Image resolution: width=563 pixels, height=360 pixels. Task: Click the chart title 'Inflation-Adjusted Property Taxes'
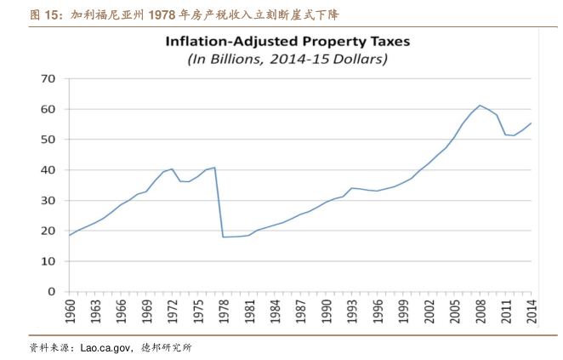coord(287,41)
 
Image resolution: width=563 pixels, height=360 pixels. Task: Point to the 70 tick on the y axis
coord(48,78)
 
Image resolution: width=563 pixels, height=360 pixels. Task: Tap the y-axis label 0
coord(52,292)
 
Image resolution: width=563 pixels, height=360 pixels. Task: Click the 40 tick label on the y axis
coord(48,170)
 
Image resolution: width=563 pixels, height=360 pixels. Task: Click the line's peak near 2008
coord(480,106)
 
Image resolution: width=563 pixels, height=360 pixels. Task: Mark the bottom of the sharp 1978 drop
coord(223,237)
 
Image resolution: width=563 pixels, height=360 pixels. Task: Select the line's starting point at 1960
coord(70,235)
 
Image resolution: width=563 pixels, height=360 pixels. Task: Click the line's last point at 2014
coord(532,123)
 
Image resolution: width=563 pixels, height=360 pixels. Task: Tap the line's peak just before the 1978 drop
coord(214,168)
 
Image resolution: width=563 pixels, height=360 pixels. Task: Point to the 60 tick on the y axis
coord(48,109)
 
